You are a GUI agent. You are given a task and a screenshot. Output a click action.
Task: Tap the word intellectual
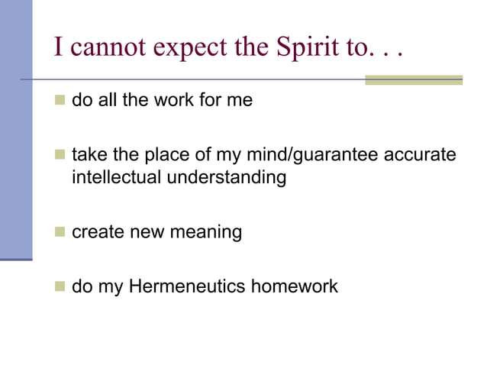click(x=109, y=178)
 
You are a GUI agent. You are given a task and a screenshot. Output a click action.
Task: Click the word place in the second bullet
click(x=157, y=156)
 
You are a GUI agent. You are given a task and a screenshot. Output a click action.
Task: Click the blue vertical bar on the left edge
click(x=15, y=130)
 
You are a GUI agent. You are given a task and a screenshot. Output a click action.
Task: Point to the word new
click(x=145, y=231)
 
